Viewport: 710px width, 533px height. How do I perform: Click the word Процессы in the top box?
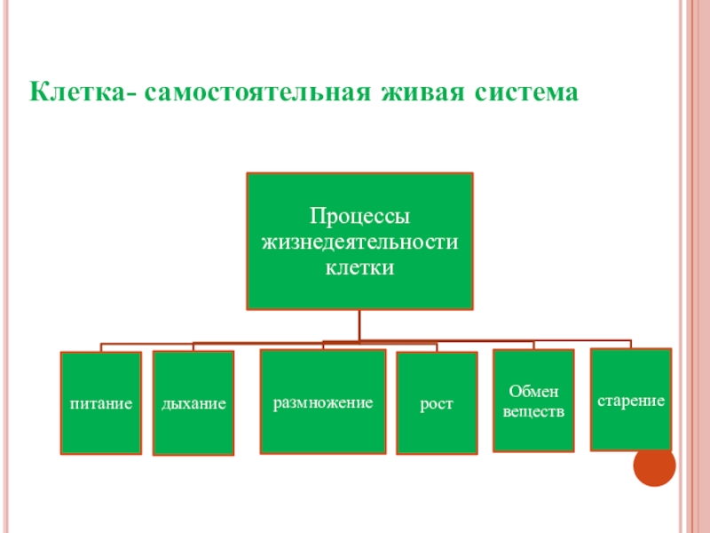(x=359, y=216)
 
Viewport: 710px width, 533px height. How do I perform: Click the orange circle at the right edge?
(x=656, y=465)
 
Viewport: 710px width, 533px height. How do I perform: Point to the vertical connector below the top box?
(x=359, y=324)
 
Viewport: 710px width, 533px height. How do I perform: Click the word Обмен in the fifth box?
(x=533, y=392)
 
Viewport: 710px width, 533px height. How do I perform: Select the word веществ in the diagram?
(x=533, y=411)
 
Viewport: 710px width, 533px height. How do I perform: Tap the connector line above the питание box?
(x=101, y=347)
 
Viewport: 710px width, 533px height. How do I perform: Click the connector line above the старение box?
(x=630, y=344)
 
